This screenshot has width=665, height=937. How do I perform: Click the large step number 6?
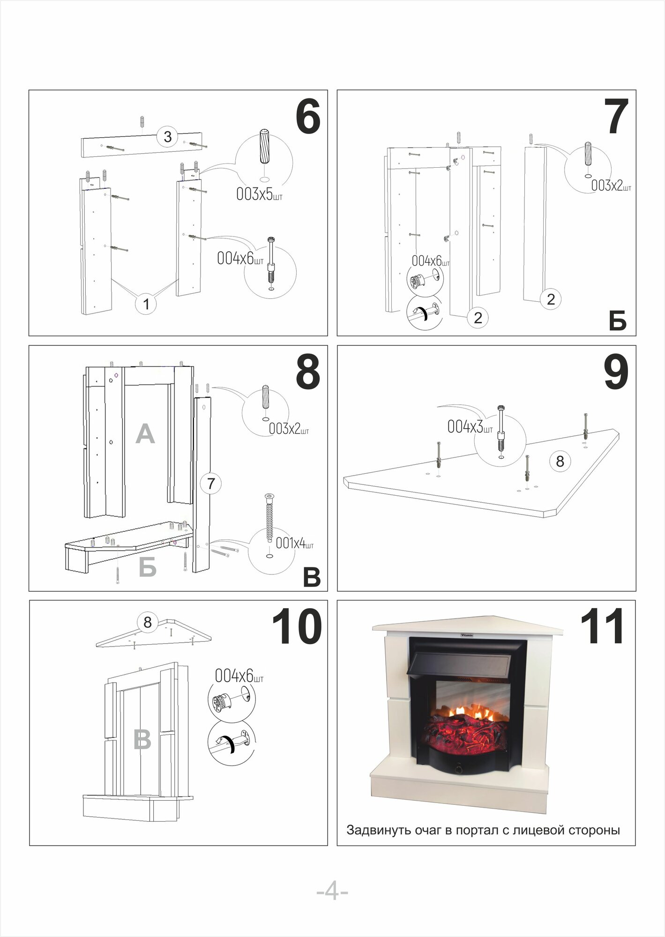(x=308, y=117)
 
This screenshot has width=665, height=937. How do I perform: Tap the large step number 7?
(x=616, y=117)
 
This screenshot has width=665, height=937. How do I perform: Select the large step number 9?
(x=616, y=372)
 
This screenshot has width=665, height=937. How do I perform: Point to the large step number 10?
(x=296, y=627)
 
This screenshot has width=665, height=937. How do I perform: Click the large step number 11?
(x=602, y=627)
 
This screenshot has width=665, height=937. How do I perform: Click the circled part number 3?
(x=167, y=137)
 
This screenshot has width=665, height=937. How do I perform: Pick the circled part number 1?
(x=146, y=304)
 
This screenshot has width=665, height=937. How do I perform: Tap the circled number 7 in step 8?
(x=211, y=483)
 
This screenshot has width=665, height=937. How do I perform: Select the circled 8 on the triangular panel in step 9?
(x=560, y=461)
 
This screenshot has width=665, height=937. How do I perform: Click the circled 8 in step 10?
(x=148, y=622)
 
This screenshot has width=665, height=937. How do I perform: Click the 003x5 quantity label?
(x=259, y=194)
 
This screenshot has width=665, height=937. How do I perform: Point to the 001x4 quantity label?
(x=294, y=543)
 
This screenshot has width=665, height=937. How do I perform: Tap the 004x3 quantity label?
(x=470, y=427)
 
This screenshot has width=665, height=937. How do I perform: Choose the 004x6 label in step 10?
(x=239, y=676)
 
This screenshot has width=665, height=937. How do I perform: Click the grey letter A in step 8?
(x=145, y=434)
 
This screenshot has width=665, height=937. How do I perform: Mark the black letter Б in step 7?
(x=618, y=321)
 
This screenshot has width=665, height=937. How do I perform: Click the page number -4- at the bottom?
(x=332, y=892)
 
